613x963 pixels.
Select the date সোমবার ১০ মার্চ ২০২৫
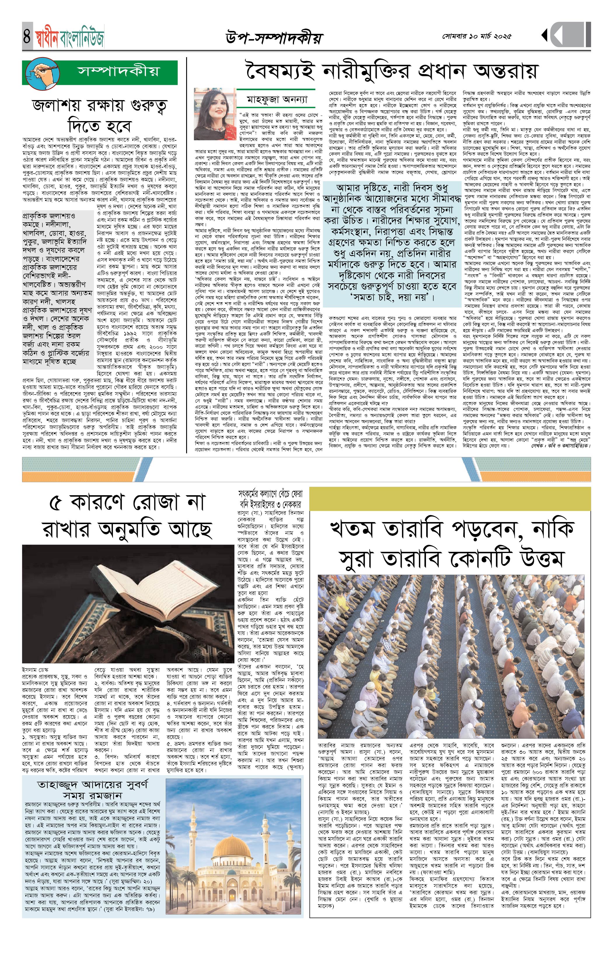pos(477,36)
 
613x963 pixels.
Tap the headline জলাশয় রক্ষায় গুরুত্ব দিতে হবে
pos(99,116)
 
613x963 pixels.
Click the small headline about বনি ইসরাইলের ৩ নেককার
pos(271,499)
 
